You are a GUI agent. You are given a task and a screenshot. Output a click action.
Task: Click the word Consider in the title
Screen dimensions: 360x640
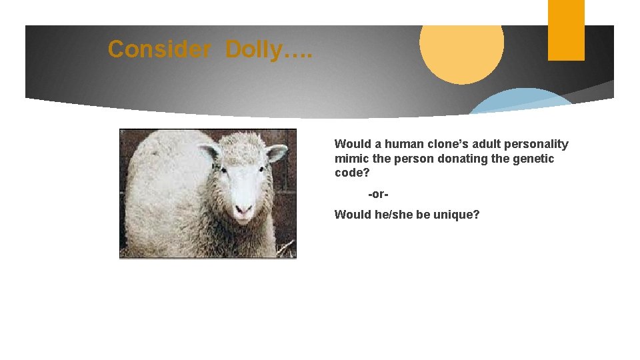pos(159,49)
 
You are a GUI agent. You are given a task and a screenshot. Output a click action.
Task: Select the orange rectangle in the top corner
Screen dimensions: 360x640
pos(566,30)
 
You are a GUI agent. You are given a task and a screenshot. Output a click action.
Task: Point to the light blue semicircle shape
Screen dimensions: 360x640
pos(520,103)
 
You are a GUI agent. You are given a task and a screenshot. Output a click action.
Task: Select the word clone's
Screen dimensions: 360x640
pos(450,144)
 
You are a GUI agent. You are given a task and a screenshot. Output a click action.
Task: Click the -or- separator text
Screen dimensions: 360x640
pos(378,194)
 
